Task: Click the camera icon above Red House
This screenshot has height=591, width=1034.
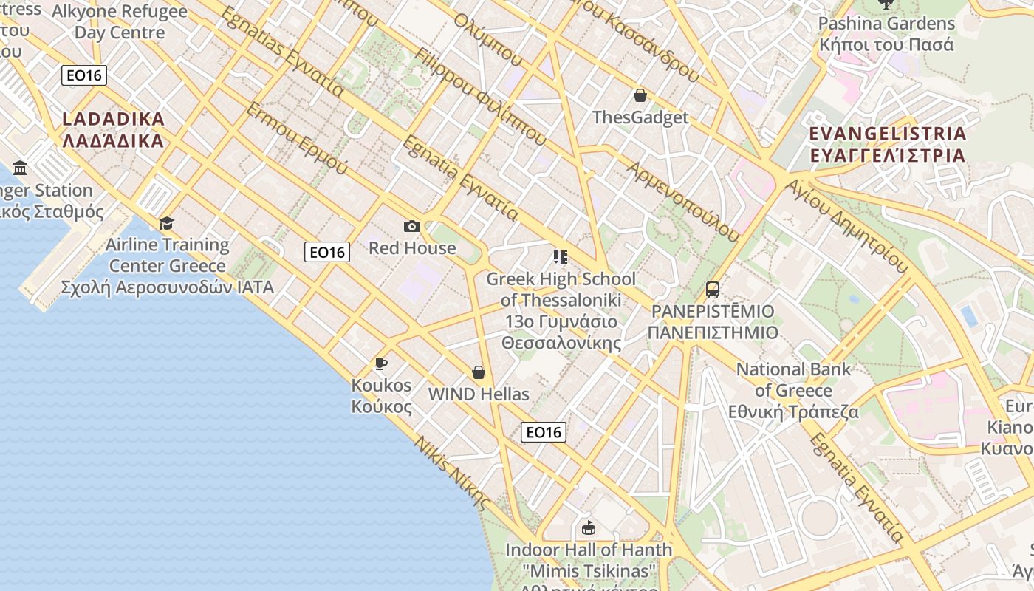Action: pos(412,226)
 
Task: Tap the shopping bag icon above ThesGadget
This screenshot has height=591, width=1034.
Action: pos(640,95)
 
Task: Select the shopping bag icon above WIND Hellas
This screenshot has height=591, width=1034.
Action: pos(479,372)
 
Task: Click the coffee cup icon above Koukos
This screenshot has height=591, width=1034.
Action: pos(381,363)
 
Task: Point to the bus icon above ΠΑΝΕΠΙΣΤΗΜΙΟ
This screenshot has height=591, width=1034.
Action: pos(713,290)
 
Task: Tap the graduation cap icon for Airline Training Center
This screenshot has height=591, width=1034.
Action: pos(167,222)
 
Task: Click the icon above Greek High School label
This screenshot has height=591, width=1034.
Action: pos(561,257)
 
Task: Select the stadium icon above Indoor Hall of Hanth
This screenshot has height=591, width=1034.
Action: pos(589,528)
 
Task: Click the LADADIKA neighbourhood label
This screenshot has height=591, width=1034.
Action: pos(113,129)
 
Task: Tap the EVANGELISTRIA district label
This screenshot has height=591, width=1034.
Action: pos(887,144)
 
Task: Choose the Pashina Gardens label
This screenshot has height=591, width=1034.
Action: pos(886,34)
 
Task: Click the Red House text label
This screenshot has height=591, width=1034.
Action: pos(412,247)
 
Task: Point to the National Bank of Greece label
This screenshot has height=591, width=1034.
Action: pos(794,390)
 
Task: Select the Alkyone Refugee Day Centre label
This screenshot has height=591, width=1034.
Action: pos(120,22)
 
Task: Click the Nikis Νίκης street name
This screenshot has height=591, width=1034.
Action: pos(451,473)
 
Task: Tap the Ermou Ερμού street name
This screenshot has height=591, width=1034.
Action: pos(295,139)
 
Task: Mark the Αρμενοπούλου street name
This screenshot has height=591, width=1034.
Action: pos(682,201)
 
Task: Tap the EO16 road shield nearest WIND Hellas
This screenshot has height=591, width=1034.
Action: pos(544,432)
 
